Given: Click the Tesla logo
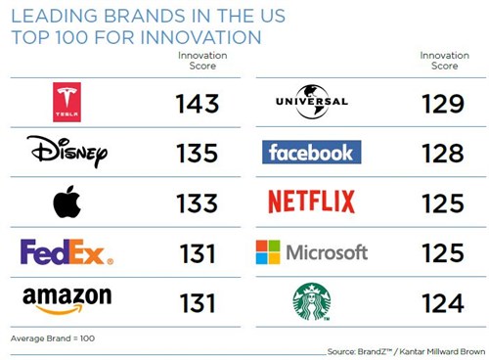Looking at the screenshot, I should (67, 102).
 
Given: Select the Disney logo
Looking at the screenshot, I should (67, 152).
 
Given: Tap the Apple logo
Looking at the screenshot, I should (67, 202).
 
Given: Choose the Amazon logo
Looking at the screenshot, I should (67, 299).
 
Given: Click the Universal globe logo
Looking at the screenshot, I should (312, 101).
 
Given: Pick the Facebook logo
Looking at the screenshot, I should (312, 152).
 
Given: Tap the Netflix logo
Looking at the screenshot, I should (312, 202).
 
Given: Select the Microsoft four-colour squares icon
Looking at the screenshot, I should (267, 252).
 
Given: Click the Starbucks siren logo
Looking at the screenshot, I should (312, 301).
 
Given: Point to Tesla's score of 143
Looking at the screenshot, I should (199, 103).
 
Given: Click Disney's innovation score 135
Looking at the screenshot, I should (199, 153).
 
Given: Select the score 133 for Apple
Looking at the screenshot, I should (199, 202).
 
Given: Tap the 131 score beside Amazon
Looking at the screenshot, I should (199, 302).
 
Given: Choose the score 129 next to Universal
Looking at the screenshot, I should (443, 103).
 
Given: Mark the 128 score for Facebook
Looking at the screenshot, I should (443, 153).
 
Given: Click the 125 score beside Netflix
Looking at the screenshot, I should (443, 202).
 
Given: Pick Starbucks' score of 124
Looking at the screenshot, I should (443, 302).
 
